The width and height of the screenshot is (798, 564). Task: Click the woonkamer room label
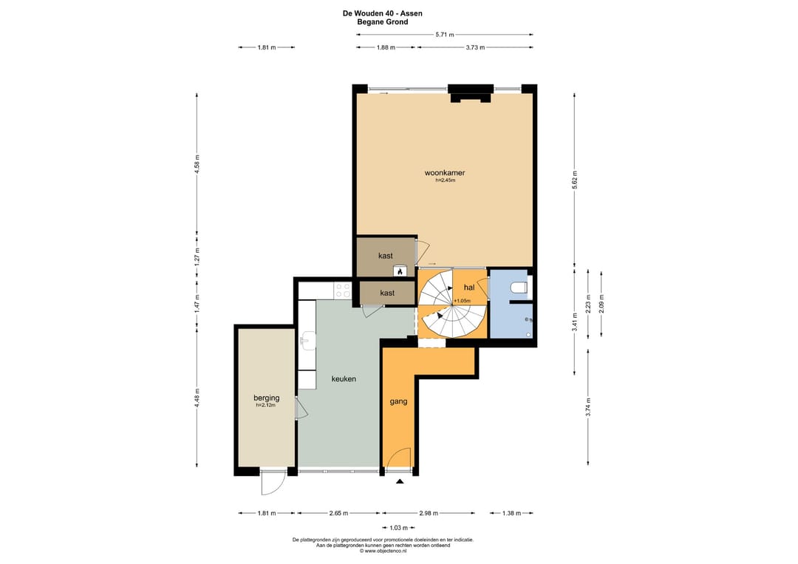(x=444, y=172)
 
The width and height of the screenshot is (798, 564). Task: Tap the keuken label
(x=344, y=378)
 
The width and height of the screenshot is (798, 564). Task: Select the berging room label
(x=267, y=398)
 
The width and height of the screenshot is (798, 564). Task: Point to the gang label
(x=398, y=401)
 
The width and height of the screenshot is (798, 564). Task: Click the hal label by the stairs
(x=468, y=288)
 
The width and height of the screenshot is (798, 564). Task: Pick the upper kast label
(x=385, y=256)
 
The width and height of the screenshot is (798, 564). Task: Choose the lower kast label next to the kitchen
(x=386, y=293)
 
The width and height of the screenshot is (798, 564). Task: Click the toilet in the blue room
(x=519, y=288)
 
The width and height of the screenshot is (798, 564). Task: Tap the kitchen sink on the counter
(x=308, y=340)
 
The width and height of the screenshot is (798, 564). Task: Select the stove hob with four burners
(x=342, y=291)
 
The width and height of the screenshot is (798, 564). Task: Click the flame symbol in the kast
(x=400, y=272)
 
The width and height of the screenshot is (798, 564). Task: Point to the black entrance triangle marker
(x=400, y=481)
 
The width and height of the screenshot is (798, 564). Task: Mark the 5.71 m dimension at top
(x=444, y=35)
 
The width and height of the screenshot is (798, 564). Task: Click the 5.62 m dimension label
(x=575, y=180)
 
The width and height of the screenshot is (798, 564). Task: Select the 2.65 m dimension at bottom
(x=338, y=513)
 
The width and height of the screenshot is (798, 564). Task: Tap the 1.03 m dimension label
(x=398, y=528)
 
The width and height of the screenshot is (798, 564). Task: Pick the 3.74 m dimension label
(x=588, y=407)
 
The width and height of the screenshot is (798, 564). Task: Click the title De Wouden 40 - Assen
(x=382, y=14)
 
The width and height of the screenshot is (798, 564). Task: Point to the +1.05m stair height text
(x=462, y=301)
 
